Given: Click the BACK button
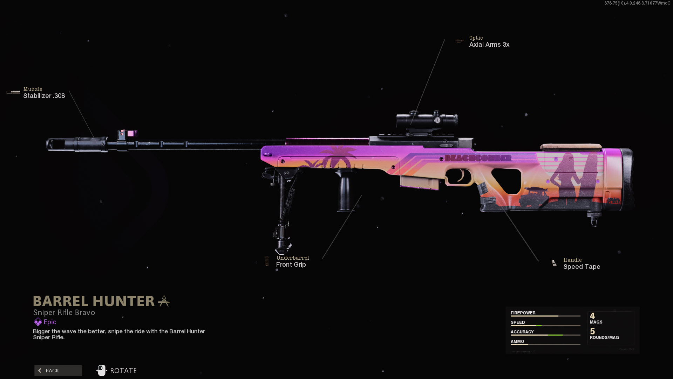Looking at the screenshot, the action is click(58, 371).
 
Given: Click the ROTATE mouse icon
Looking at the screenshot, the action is click(101, 371).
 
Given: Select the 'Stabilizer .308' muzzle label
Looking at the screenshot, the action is click(44, 96).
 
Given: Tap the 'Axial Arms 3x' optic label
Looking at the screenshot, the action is click(489, 45).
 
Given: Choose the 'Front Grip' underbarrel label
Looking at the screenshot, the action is click(291, 265).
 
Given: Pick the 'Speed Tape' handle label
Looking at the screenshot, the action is click(582, 267).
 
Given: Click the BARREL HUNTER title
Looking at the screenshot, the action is click(94, 301).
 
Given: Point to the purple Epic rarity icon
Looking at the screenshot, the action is click(38, 322).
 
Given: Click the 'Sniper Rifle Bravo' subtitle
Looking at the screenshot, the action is click(64, 312).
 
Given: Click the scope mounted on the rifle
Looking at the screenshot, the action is click(427, 120).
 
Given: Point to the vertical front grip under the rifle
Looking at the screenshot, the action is click(344, 190).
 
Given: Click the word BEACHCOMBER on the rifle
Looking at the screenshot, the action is click(478, 158).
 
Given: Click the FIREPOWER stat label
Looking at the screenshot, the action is click(523, 313).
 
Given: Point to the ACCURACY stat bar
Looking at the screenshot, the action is click(545, 335).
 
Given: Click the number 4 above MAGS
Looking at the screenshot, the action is click(592, 316).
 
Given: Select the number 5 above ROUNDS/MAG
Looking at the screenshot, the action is click(592, 331).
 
